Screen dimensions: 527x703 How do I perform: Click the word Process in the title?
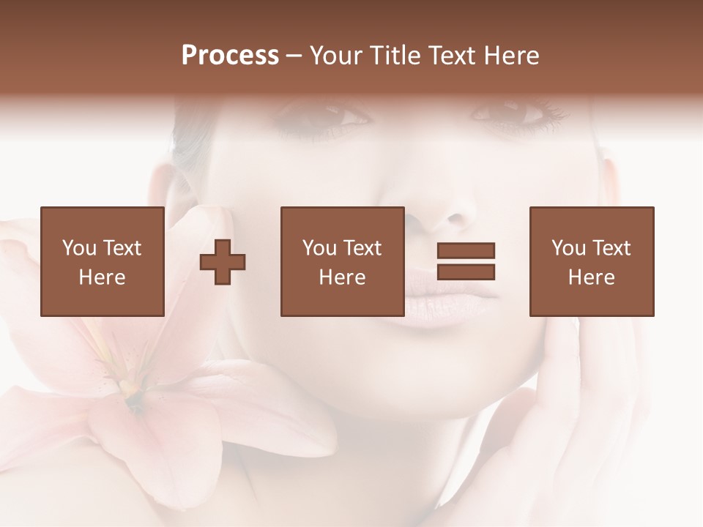click(x=230, y=56)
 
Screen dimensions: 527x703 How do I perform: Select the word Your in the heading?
click(x=337, y=56)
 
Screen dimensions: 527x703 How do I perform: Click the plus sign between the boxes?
click(x=223, y=261)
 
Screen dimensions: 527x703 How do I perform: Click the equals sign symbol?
click(x=466, y=261)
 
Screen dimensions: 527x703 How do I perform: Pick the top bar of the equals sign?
click(x=466, y=251)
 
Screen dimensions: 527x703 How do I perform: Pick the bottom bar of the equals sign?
click(x=466, y=272)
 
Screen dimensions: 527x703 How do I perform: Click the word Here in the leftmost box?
click(x=102, y=277)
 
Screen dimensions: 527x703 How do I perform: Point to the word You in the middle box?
click(x=319, y=248)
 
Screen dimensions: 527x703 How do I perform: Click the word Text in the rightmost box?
click(x=612, y=248)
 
